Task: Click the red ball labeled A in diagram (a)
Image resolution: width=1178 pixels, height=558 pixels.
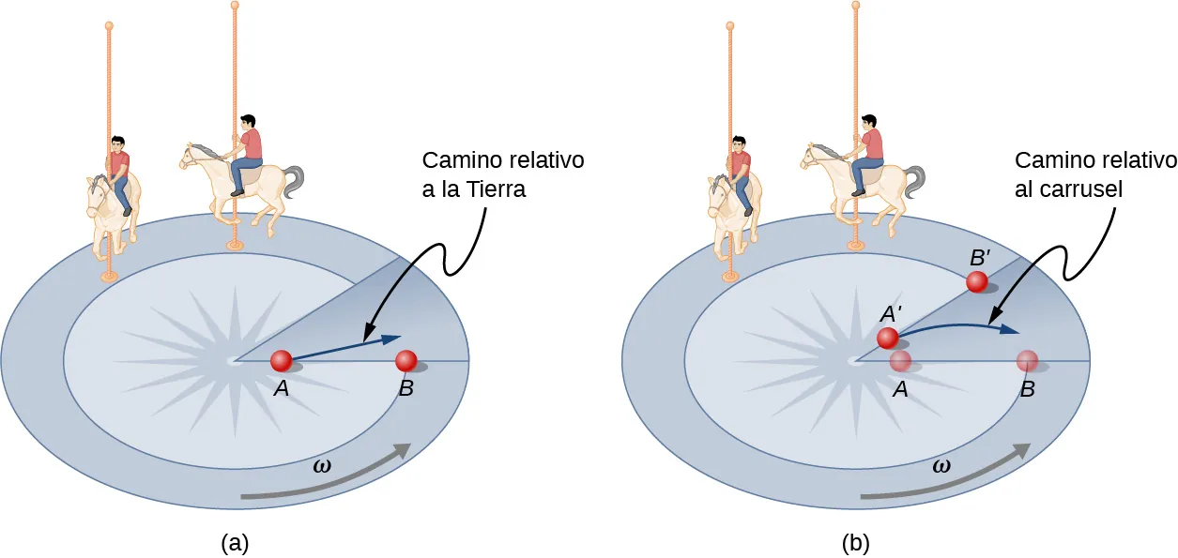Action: click(x=281, y=361)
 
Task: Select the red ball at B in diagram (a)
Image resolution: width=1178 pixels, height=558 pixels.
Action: click(x=406, y=361)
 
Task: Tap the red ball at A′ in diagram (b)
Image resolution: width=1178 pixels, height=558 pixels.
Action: click(x=888, y=339)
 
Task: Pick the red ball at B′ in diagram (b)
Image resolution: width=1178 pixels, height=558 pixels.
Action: click(x=977, y=281)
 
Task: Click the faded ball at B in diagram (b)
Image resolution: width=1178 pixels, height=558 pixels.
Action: click(x=1027, y=361)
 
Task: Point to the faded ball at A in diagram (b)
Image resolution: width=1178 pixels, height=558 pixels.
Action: click(x=901, y=361)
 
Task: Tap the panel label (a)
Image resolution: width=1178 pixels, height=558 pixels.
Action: click(x=235, y=542)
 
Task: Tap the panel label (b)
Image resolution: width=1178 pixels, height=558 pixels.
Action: click(x=855, y=542)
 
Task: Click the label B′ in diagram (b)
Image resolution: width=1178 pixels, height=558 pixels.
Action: click(x=978, y=256)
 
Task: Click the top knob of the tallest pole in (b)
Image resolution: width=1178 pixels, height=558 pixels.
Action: click(x=855, y=5)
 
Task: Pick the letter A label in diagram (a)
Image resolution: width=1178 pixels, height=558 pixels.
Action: click(x=280, y=388)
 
